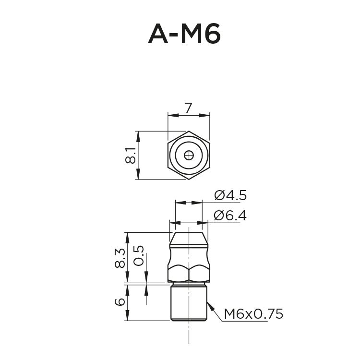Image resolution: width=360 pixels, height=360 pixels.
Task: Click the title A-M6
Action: pos(184,34)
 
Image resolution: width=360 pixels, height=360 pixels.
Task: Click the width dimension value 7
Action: pos(189,108)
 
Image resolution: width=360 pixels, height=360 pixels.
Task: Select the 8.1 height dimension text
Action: pos(130,156)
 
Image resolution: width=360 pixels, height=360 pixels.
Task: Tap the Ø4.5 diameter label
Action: pos(230,195)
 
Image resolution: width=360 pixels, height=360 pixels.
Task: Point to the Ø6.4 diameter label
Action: pos(230,216)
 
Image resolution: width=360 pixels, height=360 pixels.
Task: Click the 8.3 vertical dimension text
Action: pos(120,258)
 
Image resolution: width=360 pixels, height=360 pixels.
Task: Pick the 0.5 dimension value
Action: pos(139,255)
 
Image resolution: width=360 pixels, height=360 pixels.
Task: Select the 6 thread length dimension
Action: pos(120,302)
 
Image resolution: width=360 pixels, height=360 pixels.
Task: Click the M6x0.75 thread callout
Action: pos(253,314)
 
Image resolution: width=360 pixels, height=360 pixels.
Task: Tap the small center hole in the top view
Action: pos(189,155)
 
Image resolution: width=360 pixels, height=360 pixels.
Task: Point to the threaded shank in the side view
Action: pos(189,302)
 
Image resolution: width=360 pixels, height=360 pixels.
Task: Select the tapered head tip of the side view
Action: pos(189,237)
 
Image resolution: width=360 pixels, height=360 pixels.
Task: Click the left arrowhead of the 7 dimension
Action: pos(171,115)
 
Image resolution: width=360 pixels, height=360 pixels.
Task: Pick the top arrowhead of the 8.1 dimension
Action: pos(138,134)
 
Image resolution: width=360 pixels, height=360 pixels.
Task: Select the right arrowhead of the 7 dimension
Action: pos(207,115)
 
